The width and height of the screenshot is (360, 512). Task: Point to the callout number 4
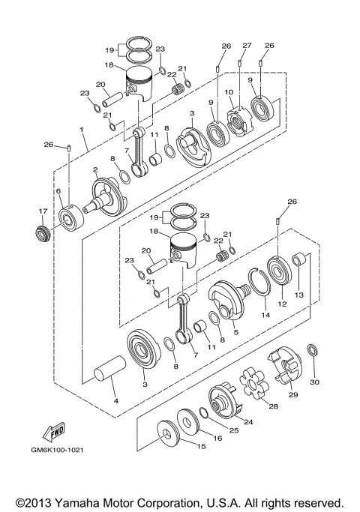tap(115, 401)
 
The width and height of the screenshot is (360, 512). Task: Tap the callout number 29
tap(294, 394)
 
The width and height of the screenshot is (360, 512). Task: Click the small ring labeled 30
tap(314, 350)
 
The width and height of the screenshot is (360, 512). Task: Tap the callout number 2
tap(95, 171)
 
